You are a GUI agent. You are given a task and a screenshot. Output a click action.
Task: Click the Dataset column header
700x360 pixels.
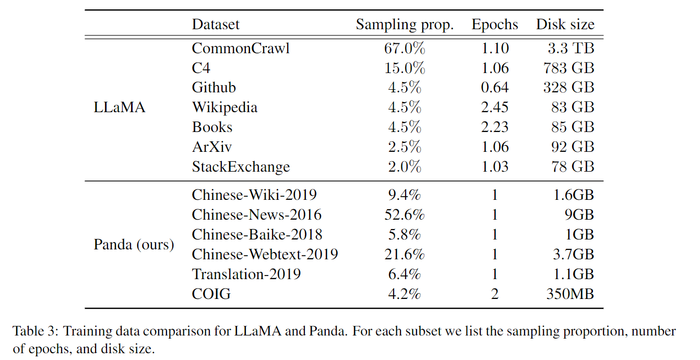[216, 25]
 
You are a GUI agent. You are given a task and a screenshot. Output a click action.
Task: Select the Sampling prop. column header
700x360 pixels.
[405, 25]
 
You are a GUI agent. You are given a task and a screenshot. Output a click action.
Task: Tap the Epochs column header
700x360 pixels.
[495, 25]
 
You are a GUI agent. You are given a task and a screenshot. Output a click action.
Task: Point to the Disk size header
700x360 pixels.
[565, 25]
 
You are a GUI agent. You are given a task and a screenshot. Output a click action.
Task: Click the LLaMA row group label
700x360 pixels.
[120, 107]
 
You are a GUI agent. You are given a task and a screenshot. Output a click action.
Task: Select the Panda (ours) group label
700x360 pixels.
[134, 244]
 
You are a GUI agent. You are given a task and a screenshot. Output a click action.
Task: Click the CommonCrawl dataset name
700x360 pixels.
[241, 48]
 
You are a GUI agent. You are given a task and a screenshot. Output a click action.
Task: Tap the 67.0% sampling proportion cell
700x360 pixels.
[405, 48]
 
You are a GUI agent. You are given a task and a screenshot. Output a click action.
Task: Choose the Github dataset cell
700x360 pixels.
[214, 88]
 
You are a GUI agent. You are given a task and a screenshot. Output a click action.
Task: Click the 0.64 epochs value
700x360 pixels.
[495, 88]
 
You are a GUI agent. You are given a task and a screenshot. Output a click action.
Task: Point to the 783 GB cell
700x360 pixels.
[568, 68]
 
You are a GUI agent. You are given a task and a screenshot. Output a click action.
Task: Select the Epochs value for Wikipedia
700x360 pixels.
[495, 107]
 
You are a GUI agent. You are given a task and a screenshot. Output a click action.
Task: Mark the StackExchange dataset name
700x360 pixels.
[241, 167]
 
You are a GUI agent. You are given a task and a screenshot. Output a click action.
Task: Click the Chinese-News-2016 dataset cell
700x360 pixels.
[257, 214]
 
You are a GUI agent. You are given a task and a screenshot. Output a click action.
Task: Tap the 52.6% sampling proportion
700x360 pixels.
[405, 214]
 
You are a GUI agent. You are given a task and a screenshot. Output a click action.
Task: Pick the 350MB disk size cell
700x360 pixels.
[570, 294]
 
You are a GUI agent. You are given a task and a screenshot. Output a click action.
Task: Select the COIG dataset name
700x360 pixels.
[211, 294]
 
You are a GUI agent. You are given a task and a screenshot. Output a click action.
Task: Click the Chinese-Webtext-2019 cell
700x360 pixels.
[265, 254]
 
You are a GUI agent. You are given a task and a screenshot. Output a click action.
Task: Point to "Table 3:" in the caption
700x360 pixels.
[32, 331]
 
